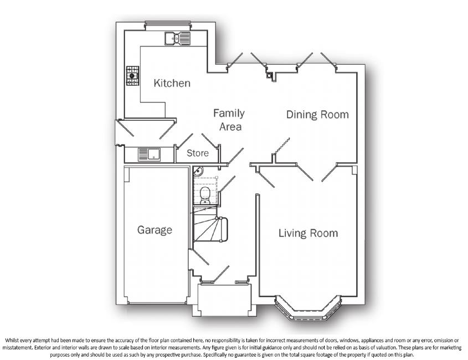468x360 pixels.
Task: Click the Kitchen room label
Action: pos(172,84)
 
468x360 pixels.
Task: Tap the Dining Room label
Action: pos(317,115)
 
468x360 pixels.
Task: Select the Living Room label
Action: pos(308,233)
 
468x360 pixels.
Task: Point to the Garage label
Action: pos(155,230)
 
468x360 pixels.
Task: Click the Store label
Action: pos(197,153)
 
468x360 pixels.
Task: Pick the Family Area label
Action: pos(229,120)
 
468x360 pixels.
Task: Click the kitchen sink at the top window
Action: pos(177,38)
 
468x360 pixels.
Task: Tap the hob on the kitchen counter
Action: pos(132,76)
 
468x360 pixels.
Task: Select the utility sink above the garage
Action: pos(148,153)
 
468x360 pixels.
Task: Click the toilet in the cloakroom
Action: pos(204,194)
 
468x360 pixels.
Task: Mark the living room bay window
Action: pos(308,310)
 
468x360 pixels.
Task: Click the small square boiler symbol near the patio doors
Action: pos(270,76)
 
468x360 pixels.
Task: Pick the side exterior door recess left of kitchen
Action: pos(119,132)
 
